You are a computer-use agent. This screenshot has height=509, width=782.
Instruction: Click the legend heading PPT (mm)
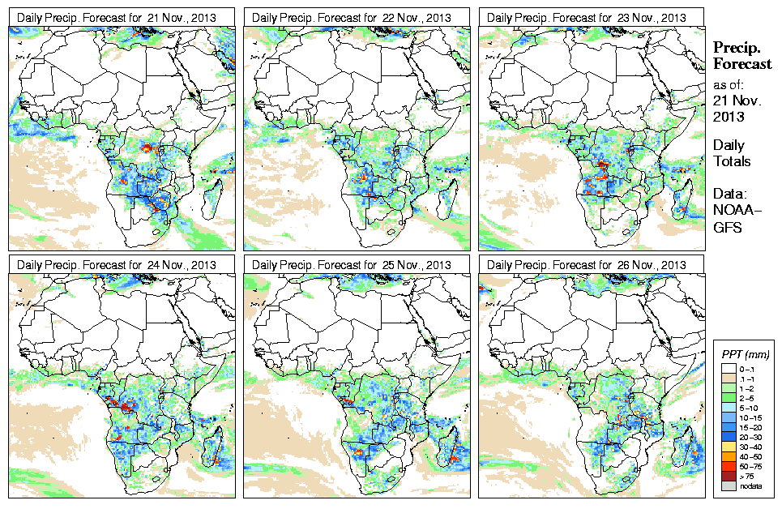pos(746,354)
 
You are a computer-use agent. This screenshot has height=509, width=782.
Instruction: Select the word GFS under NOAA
pos(728,228)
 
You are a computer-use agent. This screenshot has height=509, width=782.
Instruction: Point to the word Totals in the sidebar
pos(732,162)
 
